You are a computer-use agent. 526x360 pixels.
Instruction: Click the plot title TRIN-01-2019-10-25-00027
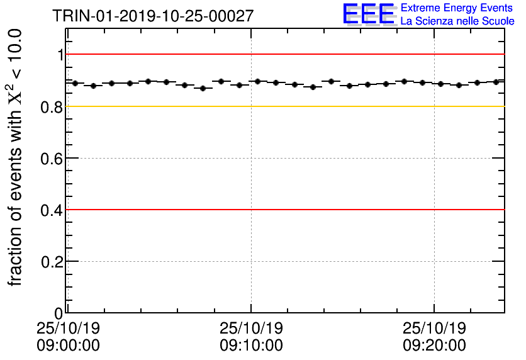pyautogui.click(x=153, y=15)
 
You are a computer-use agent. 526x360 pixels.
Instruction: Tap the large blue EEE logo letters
pyautogui.click(x=369, y=14)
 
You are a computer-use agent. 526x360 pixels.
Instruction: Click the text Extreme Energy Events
pyautogui.click(x=457, y=8)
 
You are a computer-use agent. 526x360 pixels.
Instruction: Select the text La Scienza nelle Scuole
pyautogui.click(x=457, y=21)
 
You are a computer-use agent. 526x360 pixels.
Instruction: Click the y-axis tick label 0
pyautogui.click(x=59, y=313)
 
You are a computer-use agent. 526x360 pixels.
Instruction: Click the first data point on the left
pyautogui.click(x=75, y=83)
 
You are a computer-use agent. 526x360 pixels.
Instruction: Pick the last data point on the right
pyautogui.click(x=496, y=82)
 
